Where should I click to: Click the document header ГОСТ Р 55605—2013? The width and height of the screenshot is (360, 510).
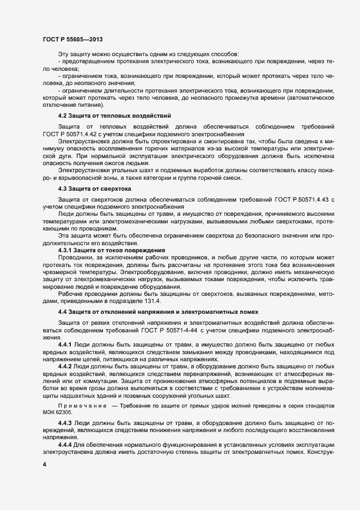coord(72,39)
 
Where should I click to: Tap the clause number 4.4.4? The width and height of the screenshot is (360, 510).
coord(66,445)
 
